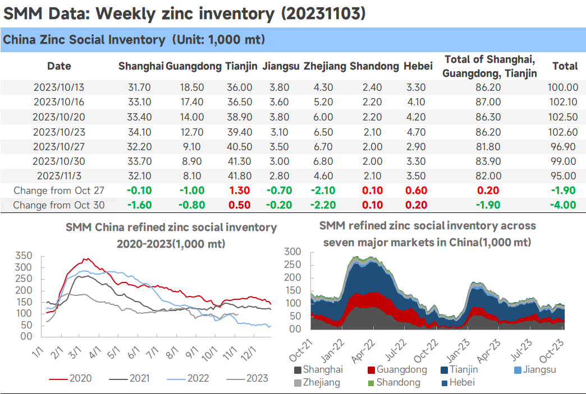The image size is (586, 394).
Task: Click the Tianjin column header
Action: (241, 66)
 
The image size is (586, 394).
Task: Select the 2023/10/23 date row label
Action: (59, 132)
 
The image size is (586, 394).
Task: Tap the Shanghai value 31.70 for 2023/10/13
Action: (139, 87)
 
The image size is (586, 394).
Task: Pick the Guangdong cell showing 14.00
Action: (192, 117)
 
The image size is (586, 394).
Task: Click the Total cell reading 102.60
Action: (563, 132)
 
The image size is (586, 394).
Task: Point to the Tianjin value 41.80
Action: (240, 176)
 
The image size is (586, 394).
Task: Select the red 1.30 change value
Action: (240, 191)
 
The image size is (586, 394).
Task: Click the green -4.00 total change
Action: (563, 205)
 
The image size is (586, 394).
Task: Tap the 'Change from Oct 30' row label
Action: (59, 205)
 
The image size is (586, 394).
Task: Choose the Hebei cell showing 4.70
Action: (416, 132)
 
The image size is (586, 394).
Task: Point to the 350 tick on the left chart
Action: (24, 256)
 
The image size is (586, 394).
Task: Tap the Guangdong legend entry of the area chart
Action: (397, 370)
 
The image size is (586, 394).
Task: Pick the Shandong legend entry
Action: (394, 382)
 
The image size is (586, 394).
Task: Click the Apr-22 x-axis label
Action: (364, 351)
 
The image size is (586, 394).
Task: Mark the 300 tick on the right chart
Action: (293, 252)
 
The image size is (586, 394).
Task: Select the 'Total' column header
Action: (565, 66)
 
